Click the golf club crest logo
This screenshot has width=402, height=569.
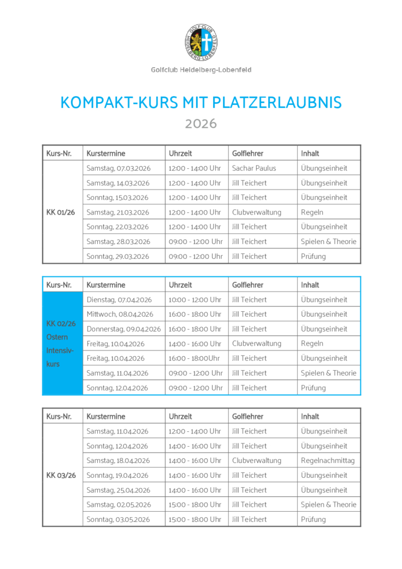tap(200, 43)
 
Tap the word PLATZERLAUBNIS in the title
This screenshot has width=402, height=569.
tap(277, 103)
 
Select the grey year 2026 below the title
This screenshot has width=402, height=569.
tap(200, 123)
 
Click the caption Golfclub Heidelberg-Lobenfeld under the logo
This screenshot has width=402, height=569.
tap(200, 70)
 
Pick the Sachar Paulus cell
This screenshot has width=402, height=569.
tap(254, 168)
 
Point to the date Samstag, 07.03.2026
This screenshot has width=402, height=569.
tap(118, 168)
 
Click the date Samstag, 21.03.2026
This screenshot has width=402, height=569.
tap(118, 212)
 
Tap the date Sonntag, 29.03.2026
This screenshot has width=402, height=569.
tap(118, 256)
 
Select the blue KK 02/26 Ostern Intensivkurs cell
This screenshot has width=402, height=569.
tap(62, 343)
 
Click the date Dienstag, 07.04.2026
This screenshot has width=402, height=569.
tap(119, 300)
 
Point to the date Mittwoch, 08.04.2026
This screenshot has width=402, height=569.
tap(120, 314)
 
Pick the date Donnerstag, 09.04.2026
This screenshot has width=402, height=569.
tap(123, 329)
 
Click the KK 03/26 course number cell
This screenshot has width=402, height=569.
tap(61, 475)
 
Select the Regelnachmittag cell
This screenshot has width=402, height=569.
tap(328, 461)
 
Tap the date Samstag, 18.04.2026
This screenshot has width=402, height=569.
tap(118, 461)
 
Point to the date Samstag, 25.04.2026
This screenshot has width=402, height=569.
tap(118, 490)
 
